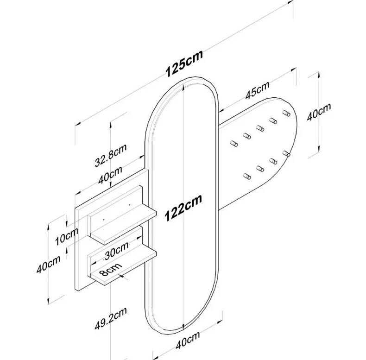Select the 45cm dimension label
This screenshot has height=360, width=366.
click(257, 90)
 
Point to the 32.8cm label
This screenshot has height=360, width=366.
click(111, 155)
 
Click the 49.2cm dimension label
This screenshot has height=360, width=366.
click(111, 318)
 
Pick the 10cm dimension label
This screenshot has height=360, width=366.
click(67, 236)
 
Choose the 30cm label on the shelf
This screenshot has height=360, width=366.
click(116, 251)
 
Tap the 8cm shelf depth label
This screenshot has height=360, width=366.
click(110, 269)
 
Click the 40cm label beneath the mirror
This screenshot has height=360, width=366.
click(188, 340)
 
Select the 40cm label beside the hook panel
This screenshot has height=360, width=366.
click(319, 112)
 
